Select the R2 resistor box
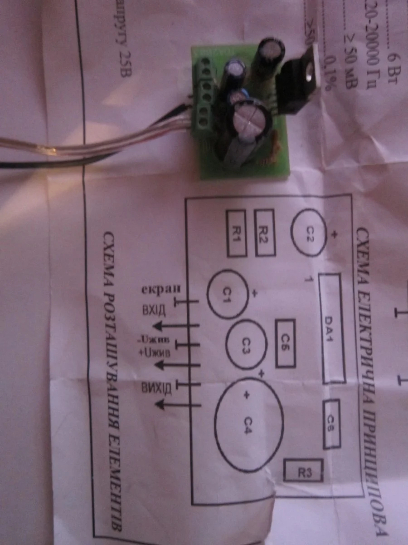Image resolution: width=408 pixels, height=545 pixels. [x=264, y=233]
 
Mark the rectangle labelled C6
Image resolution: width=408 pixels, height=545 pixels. [x=285, y=343]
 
